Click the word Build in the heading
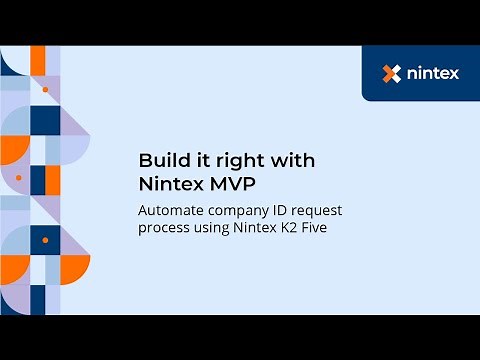[x=159, y=160]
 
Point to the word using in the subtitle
[x=211, y=229]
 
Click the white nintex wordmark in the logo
[x=434, y=73]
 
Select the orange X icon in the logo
[x=392, y=73]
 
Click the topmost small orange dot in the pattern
[x=45, y=90]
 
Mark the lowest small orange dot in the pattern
[x=45, y=241]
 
